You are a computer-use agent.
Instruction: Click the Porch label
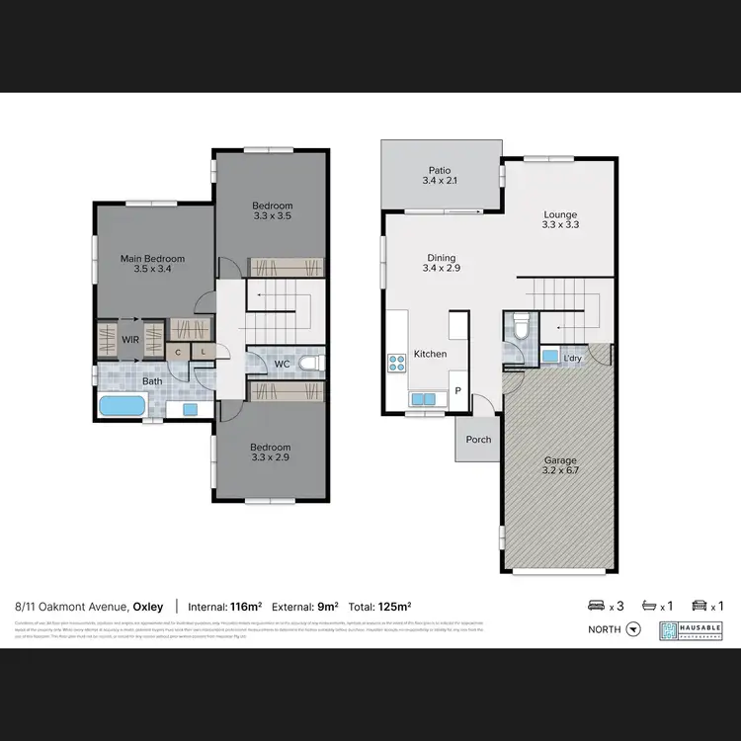(478, 440)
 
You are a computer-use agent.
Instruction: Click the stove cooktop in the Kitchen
(397, 363)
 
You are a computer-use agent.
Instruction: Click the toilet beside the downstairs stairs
(520, 325)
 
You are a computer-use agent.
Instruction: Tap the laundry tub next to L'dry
(548, 355)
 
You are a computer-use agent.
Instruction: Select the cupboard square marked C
(179, 352)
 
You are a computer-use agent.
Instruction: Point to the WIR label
(130, 339)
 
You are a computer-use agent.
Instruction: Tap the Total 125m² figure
(379, 606)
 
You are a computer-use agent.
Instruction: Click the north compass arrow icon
(634, 628)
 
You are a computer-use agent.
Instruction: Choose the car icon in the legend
(699, 606)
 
